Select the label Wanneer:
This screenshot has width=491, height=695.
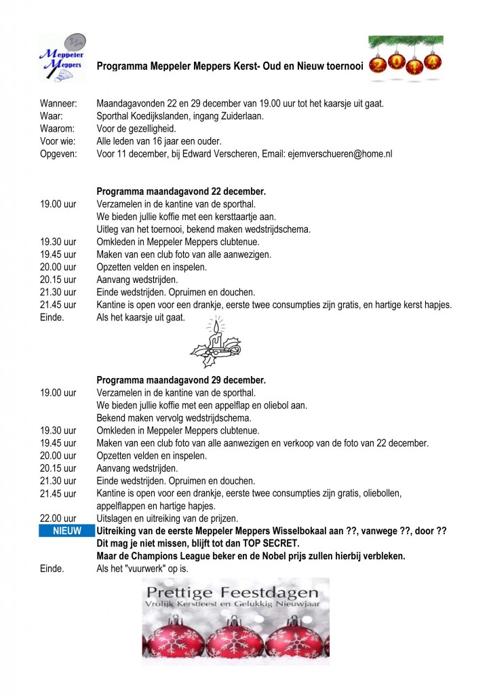58,104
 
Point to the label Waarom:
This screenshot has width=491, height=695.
57,129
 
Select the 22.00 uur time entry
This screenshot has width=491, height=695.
58,519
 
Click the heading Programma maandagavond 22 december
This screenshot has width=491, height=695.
181,191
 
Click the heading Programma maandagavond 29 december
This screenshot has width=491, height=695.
181,380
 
